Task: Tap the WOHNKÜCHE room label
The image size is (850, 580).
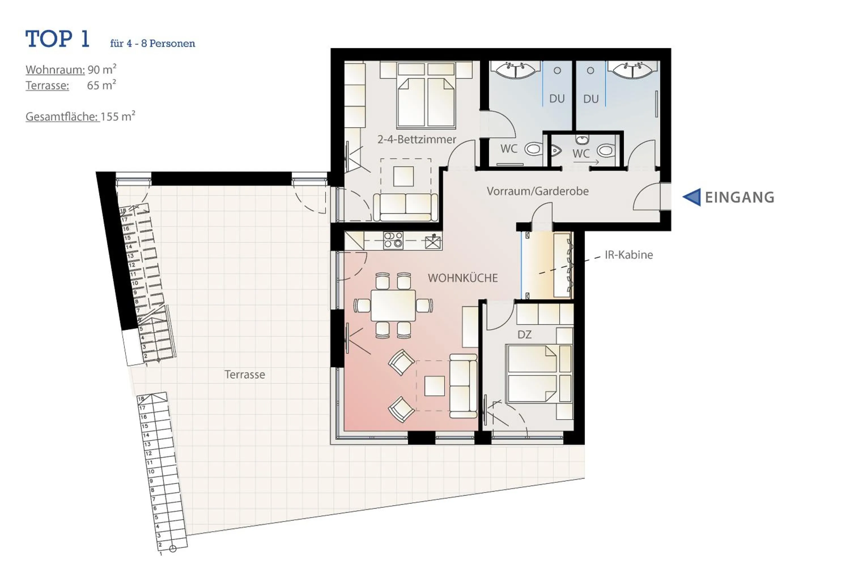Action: click(463, 278)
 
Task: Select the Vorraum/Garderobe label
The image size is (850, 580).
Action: click(537, 191)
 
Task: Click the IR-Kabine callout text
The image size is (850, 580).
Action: click(628, 255)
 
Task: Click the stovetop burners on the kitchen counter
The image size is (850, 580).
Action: click(393, 240)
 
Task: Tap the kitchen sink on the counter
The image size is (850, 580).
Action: click(433, 242)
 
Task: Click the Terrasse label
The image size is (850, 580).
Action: click(245, 374)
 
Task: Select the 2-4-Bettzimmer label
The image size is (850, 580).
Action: click(416, 139)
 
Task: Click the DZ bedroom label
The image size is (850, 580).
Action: click(524, 334)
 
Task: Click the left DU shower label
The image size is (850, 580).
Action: click(557, 99)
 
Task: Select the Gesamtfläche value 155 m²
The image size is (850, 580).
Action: click(117, 117)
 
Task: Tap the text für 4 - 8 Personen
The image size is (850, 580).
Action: click(152, 44)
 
